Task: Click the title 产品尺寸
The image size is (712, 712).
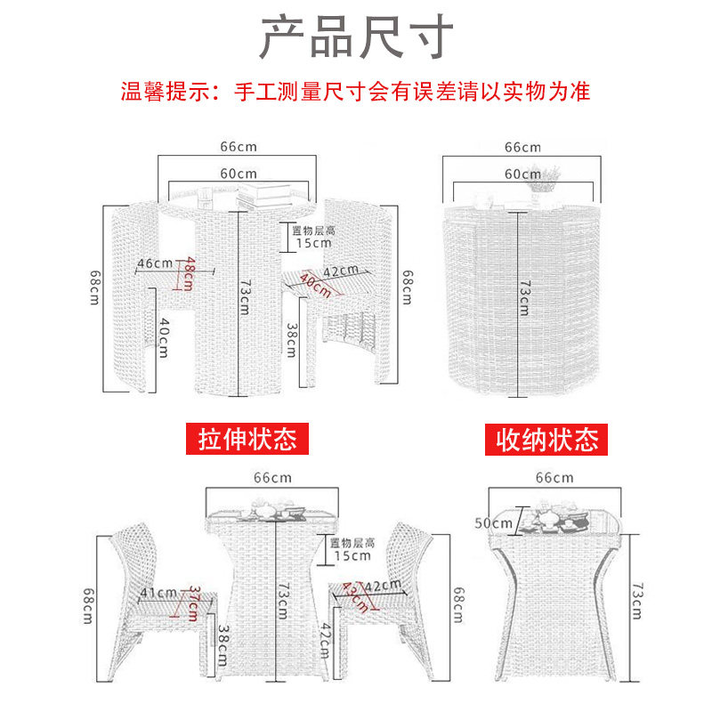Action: [x=357, y=36]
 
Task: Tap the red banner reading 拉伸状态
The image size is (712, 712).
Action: [x=247, y=439]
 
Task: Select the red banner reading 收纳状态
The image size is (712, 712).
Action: [x=546, y=440]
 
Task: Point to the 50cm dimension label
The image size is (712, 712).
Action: [x=493, y=523]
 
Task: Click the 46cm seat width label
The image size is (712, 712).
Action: [x=155, y=263]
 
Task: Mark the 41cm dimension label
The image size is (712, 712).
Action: [x=158, y=593]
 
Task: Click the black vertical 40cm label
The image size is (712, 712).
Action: [x=164, y=337]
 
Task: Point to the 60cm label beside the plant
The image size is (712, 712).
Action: [x=522, y=174]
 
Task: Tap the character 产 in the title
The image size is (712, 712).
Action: [x=281, y=36]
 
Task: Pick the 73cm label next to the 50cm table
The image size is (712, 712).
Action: [x=637, y=602]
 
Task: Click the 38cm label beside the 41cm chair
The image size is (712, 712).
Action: [x=222, y=645]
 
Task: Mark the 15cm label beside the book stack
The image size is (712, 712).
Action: [x=313, y=243]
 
